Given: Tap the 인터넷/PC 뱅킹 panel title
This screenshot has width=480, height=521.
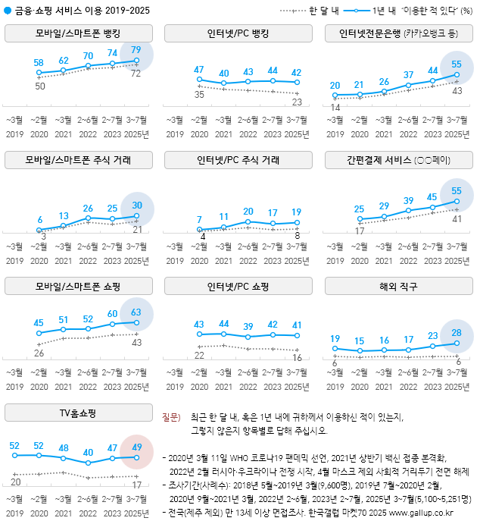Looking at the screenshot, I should [238, 34].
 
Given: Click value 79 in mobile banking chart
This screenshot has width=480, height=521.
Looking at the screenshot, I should [136, 50].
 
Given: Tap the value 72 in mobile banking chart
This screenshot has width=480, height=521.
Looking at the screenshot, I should [137, 74].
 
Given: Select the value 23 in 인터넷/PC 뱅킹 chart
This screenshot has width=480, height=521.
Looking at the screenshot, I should [297, 102].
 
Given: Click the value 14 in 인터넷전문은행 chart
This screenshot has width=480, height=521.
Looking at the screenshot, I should [335, 108].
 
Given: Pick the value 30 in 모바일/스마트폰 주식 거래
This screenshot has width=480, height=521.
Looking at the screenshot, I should [136, 205].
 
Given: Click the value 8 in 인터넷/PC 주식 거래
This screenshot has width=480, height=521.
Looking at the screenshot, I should [298, 236].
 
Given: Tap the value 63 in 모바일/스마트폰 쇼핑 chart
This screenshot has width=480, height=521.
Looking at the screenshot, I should [136, 312].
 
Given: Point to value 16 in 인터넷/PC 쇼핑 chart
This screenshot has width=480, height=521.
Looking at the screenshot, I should [297, 358].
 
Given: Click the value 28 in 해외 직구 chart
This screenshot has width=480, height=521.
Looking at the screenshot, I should [457, 333].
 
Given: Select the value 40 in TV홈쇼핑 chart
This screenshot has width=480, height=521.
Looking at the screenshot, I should [89, 452].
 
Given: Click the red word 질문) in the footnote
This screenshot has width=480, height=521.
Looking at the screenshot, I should [172, 417].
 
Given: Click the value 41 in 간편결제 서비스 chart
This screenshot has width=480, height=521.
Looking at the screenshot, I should [457, 218].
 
